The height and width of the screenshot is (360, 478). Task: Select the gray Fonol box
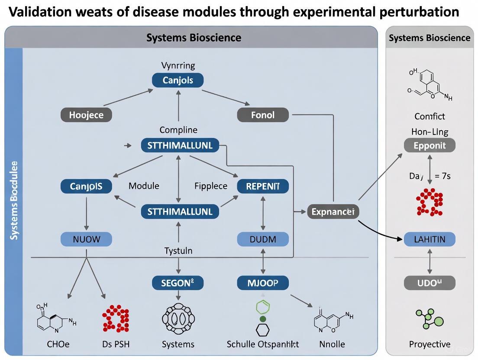pos(263,115)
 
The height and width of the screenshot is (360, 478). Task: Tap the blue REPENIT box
pos(263,186)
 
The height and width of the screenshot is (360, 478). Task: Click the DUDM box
pos(263,239)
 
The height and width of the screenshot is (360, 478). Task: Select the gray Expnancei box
pos(333,212)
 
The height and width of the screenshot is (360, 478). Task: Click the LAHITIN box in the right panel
pos(430,239)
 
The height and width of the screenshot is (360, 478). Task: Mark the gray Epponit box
pos(430,145)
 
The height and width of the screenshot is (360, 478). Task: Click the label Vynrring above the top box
pos(178,66)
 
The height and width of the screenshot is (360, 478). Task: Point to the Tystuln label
pos(178,251)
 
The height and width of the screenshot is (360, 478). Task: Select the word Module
pos(144,186)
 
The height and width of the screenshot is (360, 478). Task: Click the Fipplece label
pos(211,186)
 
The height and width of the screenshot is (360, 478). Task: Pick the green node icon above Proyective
pos(429,319)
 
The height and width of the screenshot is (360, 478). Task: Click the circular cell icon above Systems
pos(178,319)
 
